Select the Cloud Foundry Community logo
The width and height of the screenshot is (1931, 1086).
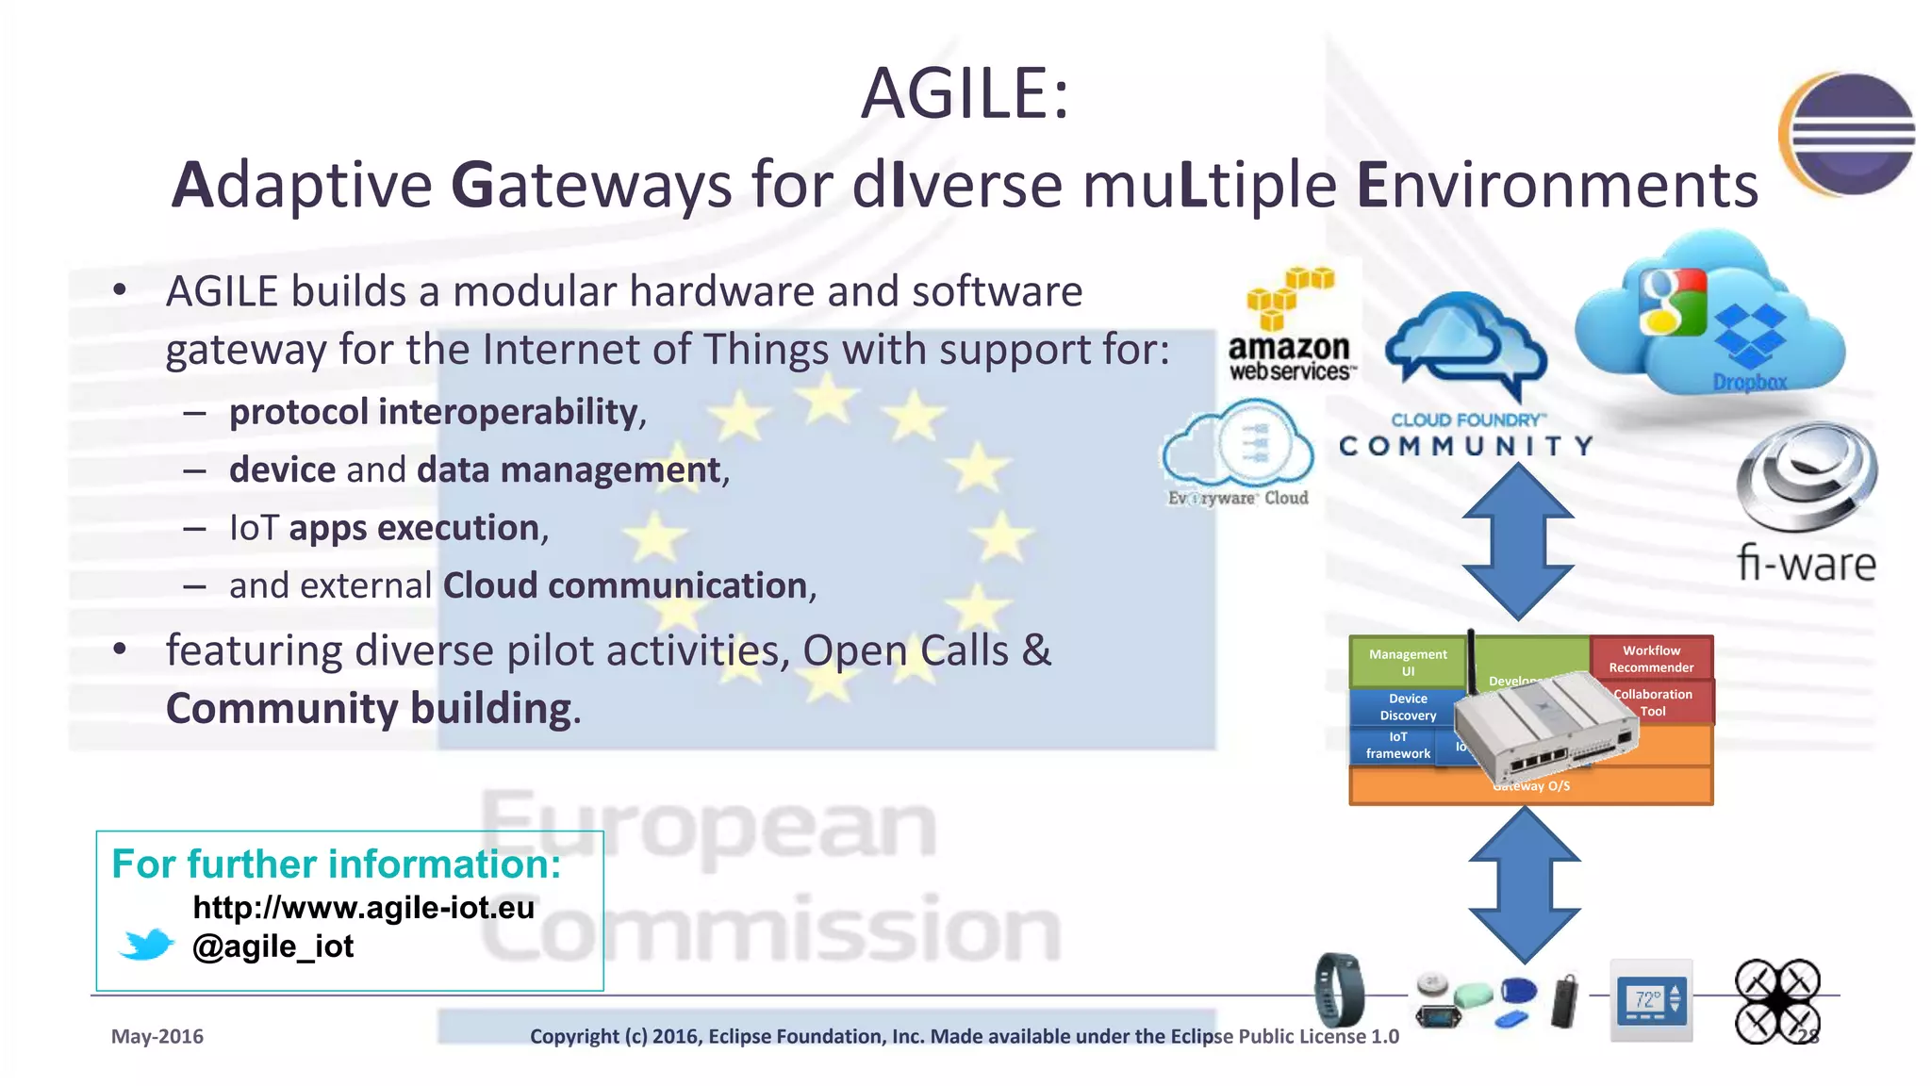[1466, 377]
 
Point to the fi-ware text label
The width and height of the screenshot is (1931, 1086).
[1806, 564]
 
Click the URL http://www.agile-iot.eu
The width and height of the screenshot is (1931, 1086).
[363, 907]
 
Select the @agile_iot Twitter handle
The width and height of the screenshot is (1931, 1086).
[272, 946]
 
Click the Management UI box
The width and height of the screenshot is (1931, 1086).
[1407, 662]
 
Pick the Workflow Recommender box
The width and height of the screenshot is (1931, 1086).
[1651, 658]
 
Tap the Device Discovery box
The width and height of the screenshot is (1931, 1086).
[1407, 707]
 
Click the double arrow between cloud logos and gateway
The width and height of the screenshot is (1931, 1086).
[1518, 542]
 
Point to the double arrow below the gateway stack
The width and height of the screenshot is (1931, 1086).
[1524, 884]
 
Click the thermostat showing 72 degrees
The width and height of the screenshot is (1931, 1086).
[1650, 1000]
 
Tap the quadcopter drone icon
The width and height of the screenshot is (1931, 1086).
[1777, 1001]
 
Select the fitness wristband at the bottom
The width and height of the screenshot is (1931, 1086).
[1339, 990]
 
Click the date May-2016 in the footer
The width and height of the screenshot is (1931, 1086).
[157, 1036]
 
